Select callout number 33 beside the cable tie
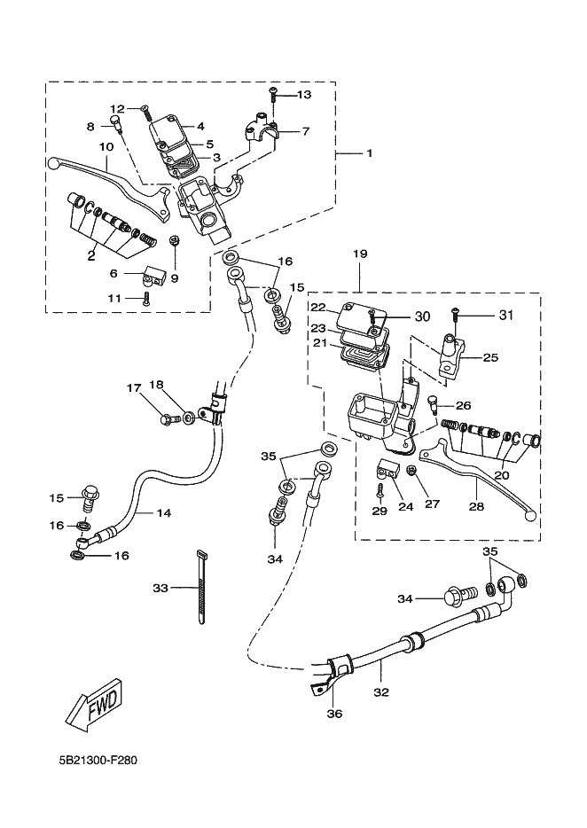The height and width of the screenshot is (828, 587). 160,588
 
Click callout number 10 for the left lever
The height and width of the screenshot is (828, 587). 106,146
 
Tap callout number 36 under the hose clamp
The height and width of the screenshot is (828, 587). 333,712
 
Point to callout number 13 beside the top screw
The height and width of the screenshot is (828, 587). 303,94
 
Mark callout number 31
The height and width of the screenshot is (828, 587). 505,314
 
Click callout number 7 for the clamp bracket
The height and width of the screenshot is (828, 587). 305,131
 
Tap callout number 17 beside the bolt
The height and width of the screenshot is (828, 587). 133,387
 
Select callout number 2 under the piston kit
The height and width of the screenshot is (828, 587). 90,255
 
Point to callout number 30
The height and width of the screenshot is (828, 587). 421,316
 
